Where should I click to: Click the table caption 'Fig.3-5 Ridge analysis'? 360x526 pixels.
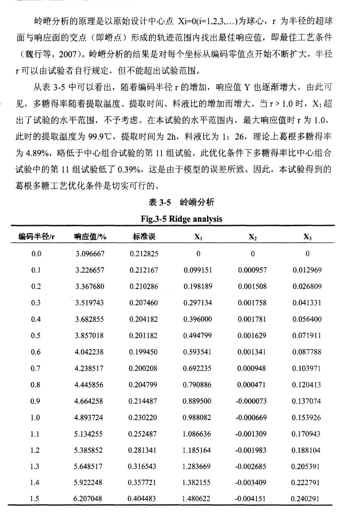[181, 219]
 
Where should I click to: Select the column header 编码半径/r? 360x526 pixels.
[36, 236]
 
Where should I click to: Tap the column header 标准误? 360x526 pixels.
[144, 236]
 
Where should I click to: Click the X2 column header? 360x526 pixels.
[252, 237]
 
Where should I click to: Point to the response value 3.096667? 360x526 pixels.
[90, 254]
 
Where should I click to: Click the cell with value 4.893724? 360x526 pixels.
[89, 418]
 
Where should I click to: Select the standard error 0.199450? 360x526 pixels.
[143, 352]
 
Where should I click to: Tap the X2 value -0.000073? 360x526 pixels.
[251, 401]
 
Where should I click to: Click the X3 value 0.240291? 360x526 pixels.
[305, 499]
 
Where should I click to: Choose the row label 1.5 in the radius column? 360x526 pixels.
[35, 499]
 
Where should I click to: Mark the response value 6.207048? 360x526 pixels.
[88, 499]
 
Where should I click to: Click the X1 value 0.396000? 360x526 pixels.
[198, 319]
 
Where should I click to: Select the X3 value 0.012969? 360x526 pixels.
[307, 270]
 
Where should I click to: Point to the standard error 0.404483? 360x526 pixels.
[142, 499]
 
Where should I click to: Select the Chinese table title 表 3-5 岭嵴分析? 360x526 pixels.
[181, 202]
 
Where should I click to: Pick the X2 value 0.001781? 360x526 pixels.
[252, 319]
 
